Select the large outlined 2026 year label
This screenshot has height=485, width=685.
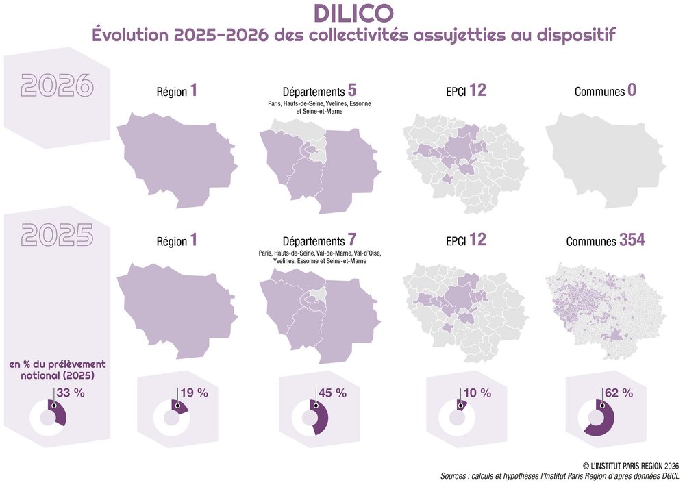point(57,84)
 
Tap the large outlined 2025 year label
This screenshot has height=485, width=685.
point(57,234)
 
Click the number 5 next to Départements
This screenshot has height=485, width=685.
point(352,90)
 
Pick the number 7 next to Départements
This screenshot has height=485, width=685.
point(352,240)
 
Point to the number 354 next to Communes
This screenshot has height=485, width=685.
point(632,240)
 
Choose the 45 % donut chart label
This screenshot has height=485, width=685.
point(333,393)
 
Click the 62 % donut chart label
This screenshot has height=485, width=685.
point(618,393)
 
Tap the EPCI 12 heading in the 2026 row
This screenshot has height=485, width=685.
point(466,90)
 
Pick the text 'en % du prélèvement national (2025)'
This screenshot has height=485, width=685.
point(57,370)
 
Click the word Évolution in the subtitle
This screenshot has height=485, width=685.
point(130,36)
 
